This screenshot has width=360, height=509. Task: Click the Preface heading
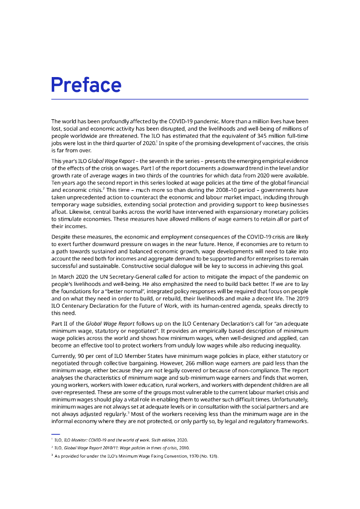86,85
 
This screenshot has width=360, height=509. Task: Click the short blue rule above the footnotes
55,434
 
